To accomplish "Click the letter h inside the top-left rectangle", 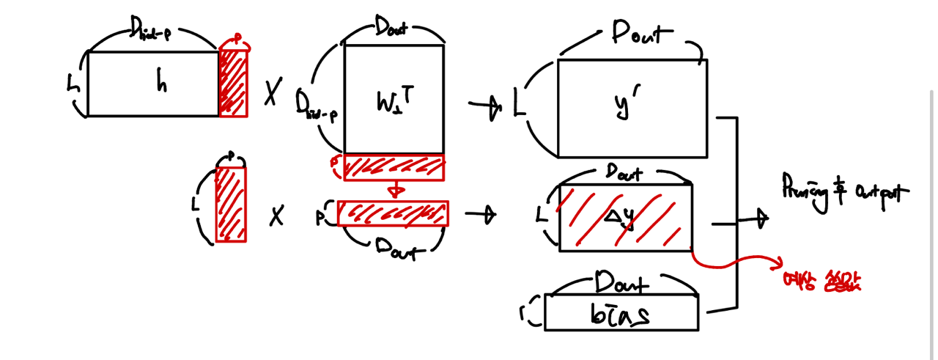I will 161,83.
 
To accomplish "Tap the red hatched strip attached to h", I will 233,82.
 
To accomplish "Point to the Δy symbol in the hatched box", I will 623,216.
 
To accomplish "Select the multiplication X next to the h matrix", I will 272,93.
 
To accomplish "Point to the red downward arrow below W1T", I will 396,190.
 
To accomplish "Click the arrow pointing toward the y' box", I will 484,107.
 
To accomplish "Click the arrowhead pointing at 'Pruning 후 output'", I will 762,217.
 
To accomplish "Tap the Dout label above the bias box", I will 621,282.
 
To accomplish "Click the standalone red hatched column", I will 231,204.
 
